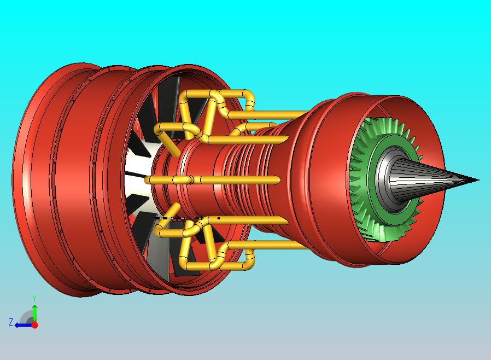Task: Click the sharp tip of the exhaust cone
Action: pyautogui.click(x=479, y=180)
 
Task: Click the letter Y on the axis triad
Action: pyautogui.click(x=34, y=298)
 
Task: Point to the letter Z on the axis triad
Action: pyautogui.click(x=10, y=322)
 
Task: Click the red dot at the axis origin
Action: pyautogui.click(x=35, y=325)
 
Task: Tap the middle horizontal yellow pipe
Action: pyautogui.click(x=213, y=180)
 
